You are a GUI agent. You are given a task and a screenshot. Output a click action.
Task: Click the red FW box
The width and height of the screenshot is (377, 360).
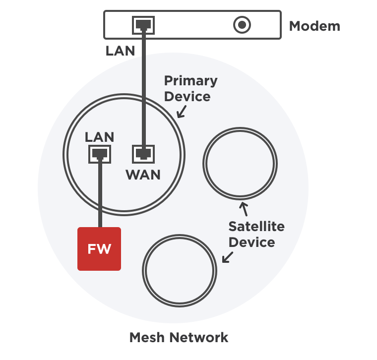pyautogui.click(x=99, y=249)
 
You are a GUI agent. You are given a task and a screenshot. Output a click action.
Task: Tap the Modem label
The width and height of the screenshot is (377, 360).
pyautogui.click(x=314, y=26)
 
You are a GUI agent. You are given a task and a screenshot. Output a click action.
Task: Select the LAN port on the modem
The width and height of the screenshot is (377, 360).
pyautogui.click(x=143, y=24)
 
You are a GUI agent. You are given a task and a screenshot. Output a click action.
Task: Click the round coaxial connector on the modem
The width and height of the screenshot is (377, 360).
pyautogui.click(x=242, y=25)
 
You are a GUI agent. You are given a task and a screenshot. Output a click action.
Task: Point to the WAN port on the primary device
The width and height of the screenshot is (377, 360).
pyautogui.click(x=143, y=154)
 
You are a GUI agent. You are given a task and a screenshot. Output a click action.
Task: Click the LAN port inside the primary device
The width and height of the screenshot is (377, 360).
pyautogui.click(x=100, y=154)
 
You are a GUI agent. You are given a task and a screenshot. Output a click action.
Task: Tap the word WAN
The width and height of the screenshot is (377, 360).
pyautogui.click(x=143, y=175)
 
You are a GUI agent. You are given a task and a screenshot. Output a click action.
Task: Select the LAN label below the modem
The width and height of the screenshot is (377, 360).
pyautogui.click(x=120, y=51)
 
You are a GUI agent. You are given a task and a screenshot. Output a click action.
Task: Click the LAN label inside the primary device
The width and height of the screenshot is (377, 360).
pyautogui.click(x=99, y=137)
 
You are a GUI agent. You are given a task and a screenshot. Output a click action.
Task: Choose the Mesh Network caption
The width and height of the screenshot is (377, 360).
pyautogui.click(x=179, y=338)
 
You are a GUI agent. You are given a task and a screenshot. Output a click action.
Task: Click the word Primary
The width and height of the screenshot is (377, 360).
pyautogui.click(x=190, y=80)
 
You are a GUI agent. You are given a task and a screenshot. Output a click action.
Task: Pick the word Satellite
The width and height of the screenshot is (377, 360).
pyautogui.click(x=256, y=227)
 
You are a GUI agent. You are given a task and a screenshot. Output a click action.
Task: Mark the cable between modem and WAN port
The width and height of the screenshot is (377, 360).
pyautogui.click(x=143, y=89)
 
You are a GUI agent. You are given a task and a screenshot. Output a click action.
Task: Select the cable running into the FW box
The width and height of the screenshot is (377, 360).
pyautogui.click(x=100, y=193)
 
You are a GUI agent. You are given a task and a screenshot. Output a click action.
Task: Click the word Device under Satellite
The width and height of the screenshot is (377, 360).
pyautogui.click(x=251, y=242)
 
